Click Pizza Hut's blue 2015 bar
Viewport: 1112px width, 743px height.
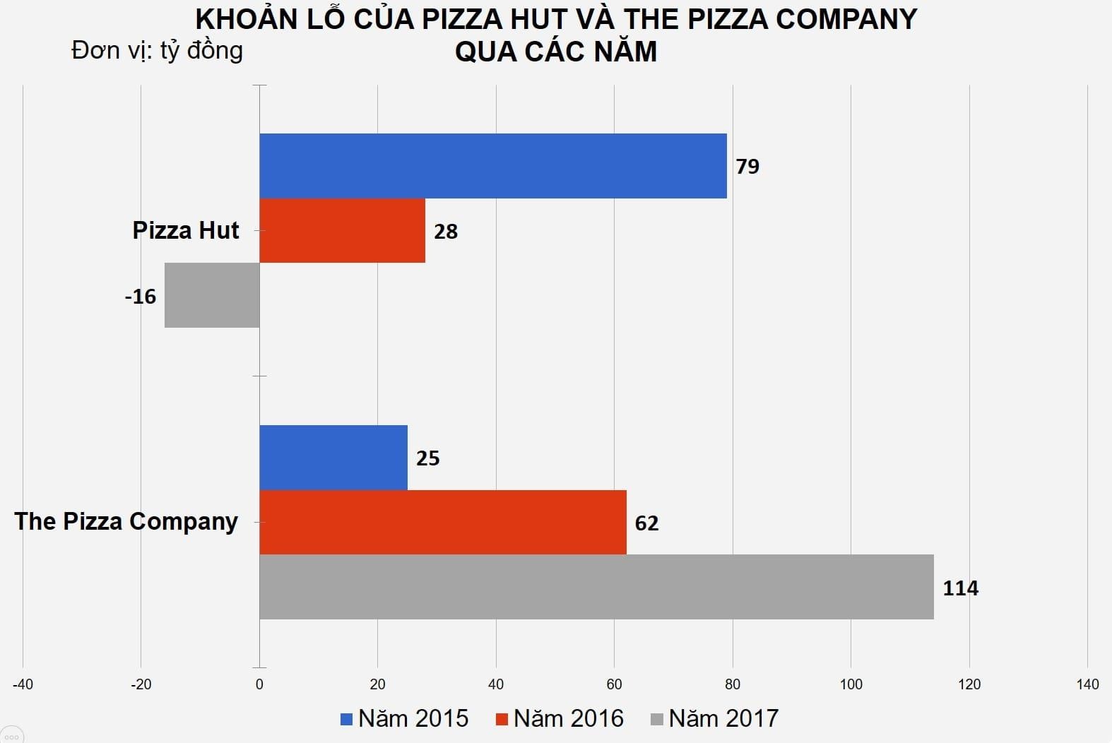(492, 166)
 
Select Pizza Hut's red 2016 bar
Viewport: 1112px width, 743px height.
(342, 231)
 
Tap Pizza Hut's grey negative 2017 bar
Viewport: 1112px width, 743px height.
(212, 295)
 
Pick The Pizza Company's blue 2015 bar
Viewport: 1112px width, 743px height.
(333, 458)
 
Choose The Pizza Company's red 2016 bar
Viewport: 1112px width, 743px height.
(442, 523)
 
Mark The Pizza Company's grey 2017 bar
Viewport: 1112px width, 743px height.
(596, 587)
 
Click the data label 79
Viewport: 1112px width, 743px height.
(747, 167)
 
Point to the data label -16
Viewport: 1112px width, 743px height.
(140, 297)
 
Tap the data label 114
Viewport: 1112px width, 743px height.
(960, 588)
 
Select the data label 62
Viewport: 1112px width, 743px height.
(646, 523)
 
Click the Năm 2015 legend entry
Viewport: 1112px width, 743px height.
(404, 719)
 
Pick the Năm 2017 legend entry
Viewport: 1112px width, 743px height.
(714, 719)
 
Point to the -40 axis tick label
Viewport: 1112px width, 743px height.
(23, 684)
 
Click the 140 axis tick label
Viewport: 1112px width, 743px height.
(1087, 684)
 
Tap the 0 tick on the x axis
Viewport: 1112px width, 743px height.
(259, 684)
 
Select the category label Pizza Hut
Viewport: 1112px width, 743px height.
(186, 231)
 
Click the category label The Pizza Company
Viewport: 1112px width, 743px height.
(126, 522)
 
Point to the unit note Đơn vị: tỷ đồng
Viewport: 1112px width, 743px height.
(157, 51)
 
